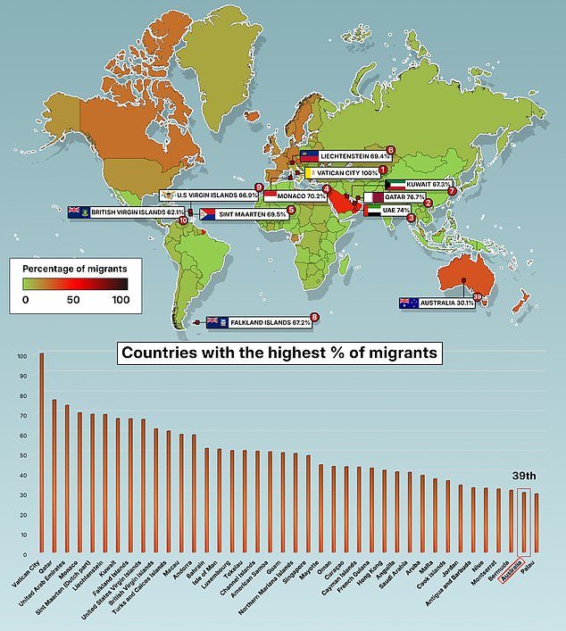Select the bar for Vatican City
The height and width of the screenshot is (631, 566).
(x=41, y=455)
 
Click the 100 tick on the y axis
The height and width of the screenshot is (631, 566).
(x=22, y=355)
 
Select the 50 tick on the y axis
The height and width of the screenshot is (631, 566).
(x=22, y=454)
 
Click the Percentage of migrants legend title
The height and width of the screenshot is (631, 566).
(x=74, y=268)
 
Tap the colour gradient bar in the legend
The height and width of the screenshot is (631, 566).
(x=75, y=284)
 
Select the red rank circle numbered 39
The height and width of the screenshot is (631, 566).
(x=477, y=297)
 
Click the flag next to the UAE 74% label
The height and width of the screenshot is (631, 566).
(x=371, y=211)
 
